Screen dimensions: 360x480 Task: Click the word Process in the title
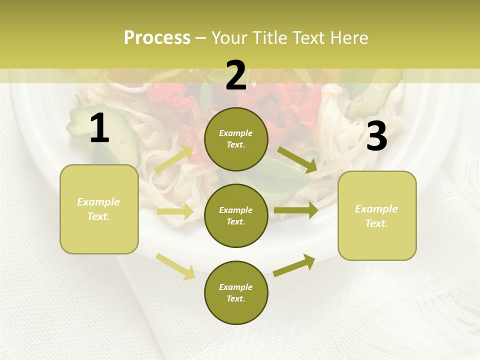157,38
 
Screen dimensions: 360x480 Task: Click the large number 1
99,128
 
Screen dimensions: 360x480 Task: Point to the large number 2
236,76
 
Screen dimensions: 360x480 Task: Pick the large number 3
376,136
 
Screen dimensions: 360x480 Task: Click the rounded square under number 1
99,209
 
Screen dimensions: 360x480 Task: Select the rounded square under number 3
377,216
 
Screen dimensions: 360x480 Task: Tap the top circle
236,139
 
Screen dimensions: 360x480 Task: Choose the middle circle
236,215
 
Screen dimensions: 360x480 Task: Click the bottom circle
236,292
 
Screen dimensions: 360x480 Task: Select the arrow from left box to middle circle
175,212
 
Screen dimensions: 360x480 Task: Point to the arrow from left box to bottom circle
175,266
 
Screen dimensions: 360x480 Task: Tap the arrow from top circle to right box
298,160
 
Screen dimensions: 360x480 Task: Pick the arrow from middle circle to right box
296,210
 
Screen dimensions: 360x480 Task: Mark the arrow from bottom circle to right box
294,265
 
